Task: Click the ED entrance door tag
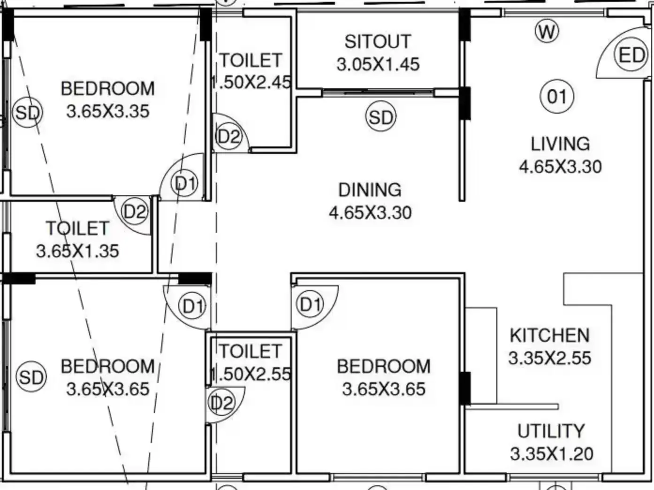tap(631, 55)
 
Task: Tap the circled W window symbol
tap(547, 31)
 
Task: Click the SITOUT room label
tap(378, 42)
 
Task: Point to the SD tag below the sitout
tap(381, 116)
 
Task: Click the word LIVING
tap(560, 144)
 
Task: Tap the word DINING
tap(370, 190)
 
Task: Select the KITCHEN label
tap(550, 335)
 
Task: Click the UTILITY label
tap(551, 431)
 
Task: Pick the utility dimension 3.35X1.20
tap(552, 454)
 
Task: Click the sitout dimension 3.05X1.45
tap(378, 64)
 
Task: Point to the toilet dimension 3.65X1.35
tap(77, 251)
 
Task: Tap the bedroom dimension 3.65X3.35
tap(107, 112)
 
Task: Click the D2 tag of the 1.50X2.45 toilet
tap(228, 137)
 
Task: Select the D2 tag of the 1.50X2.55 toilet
tap(221, 403)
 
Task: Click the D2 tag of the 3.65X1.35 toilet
tap(135, 211)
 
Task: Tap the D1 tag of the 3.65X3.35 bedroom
tap(184, 183)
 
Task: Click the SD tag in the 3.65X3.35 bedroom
tap(27, 113)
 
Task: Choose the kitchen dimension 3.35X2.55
tap(550, 358)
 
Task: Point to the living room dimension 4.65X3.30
tap(560, 167)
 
